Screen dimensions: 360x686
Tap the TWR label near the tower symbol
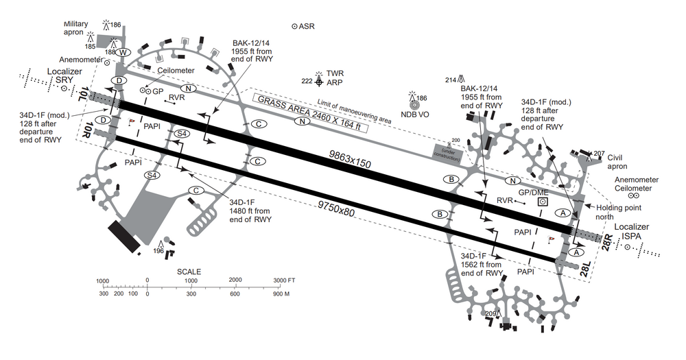[x=335, y=73]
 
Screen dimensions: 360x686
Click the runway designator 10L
[x=84, y=95]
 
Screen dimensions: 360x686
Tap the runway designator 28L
[x=584, y=268]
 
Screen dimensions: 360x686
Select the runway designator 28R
[x=606, y=241]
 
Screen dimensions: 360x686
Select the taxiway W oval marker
[x=123, y=53]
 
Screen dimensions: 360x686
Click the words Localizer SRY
[x=60, y=75]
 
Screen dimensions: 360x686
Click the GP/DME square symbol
[x=543, y=202]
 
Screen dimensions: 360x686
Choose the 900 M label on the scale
[x=281, y=293]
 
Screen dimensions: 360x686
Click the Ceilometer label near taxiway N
[x=176, y=71]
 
